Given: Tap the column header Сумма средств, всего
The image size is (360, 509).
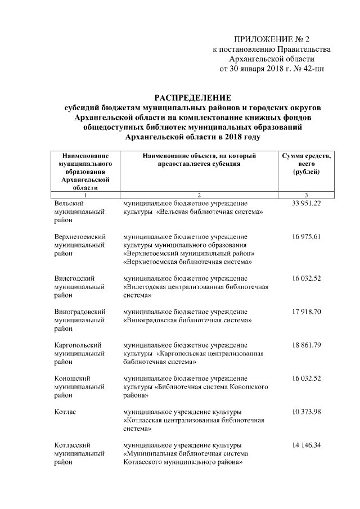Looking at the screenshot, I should click(306, 159).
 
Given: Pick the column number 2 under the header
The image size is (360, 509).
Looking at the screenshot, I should click(199, 194).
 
